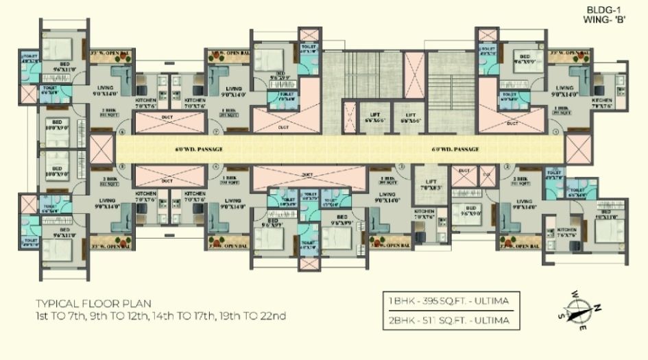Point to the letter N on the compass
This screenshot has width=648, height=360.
coord(599,307)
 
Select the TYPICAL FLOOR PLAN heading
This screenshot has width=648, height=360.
coord(94,302)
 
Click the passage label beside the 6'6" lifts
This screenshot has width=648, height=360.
coord(455,148)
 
